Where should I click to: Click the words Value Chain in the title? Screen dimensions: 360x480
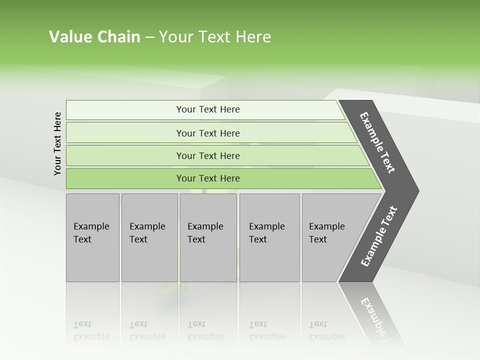(x=94, y=37)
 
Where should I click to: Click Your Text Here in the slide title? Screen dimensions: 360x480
(x=215, y=37)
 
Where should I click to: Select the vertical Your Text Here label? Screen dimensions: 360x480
(x=57, y=143)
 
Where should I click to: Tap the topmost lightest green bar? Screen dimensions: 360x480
(x=125, y=110)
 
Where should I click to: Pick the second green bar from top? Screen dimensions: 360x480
(x=125, y=133)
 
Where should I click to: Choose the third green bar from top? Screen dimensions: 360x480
(x=125, y=156)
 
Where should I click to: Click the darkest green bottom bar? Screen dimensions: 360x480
(x=125, y=178)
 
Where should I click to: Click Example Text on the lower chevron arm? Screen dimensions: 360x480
(x=379, y=236)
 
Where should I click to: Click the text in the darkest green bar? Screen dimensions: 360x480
(x=208, y=178)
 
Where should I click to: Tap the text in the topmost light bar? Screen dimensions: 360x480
(x=208, y=109)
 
